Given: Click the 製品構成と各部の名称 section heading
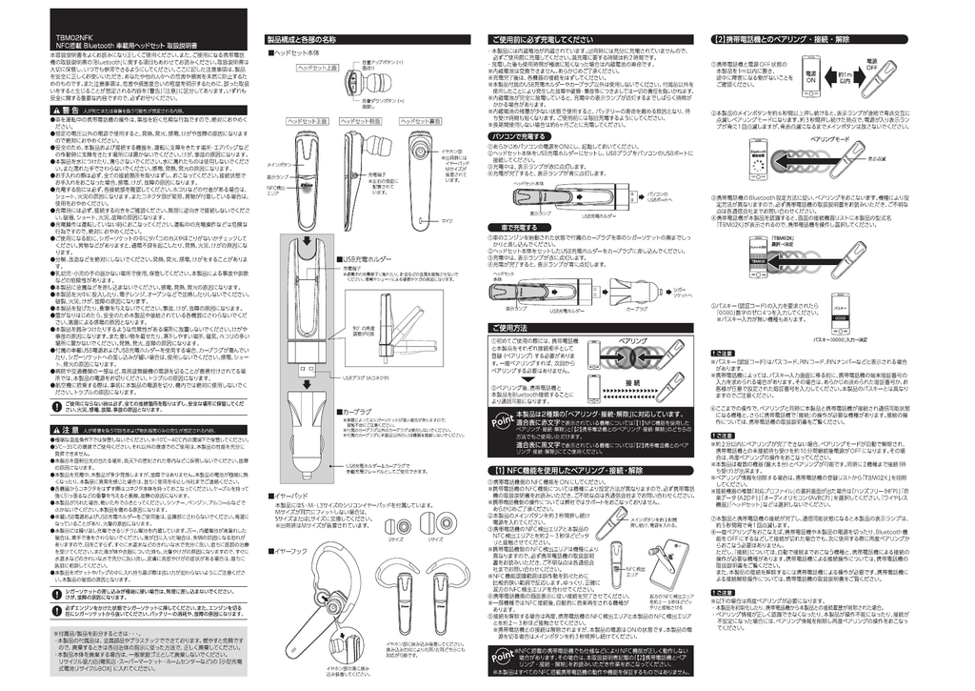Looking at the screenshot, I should [301, 39].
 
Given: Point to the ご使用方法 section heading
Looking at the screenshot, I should [515, 327].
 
